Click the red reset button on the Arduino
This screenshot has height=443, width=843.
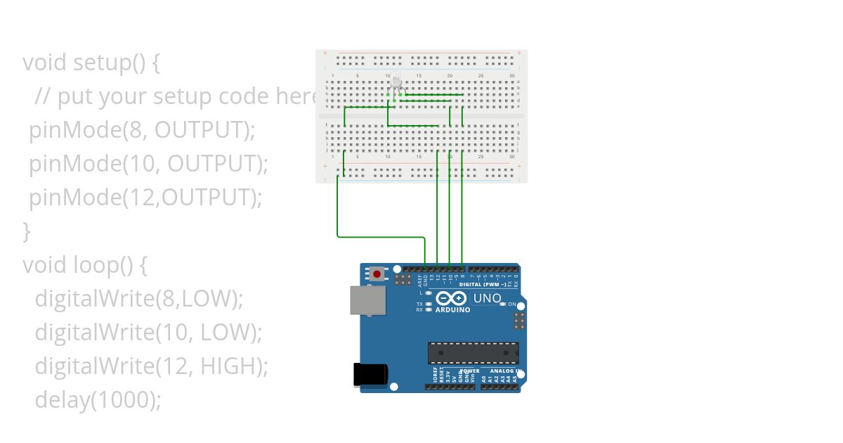[377, 274]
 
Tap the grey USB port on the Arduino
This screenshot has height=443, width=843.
[368, 300]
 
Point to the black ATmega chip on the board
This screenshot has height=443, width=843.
[473, 352]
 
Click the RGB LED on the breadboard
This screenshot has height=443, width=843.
[396, 84]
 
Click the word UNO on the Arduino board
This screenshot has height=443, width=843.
[487, 298]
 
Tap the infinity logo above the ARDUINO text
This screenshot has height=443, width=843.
[452, 298]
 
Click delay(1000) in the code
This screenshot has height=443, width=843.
[98, 400]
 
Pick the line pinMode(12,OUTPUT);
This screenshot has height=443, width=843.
[145, 198]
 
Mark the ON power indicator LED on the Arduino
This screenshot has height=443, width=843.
[504, 304]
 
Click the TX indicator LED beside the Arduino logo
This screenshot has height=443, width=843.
[429, 304]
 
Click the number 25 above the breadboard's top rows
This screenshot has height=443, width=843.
[481, 75]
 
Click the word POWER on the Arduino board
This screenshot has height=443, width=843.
[470, 371]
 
